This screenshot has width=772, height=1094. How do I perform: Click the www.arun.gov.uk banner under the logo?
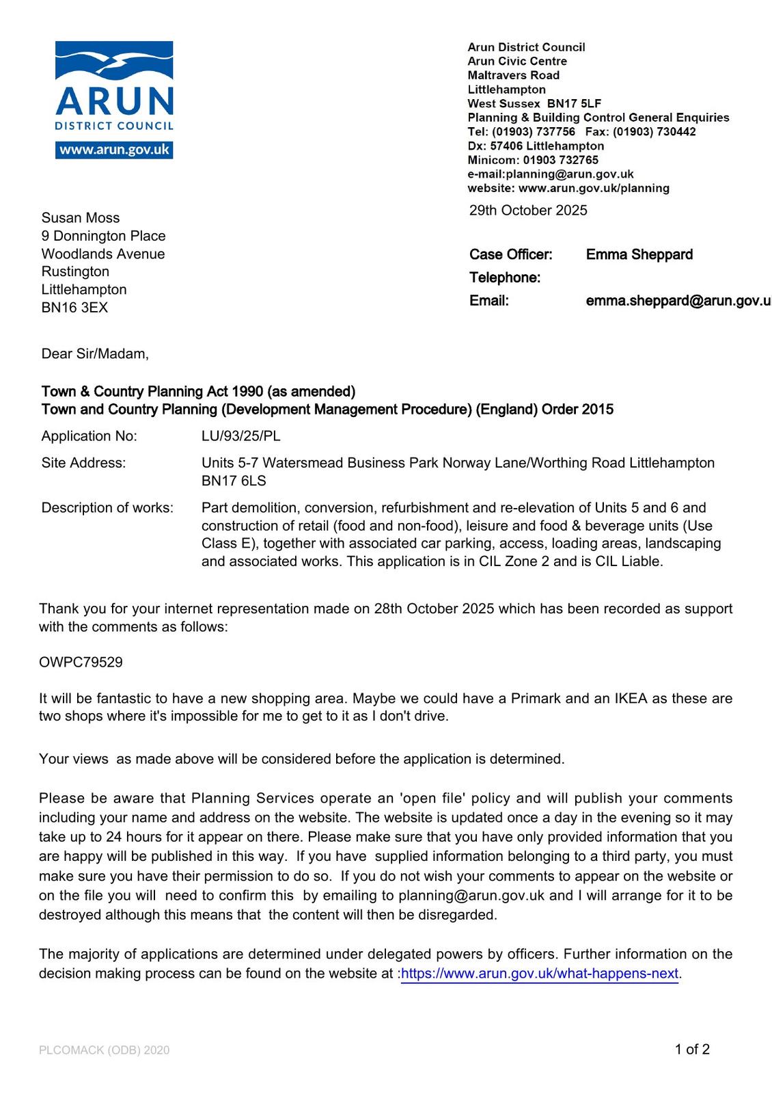[114, 150]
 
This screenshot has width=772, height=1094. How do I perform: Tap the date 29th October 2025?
[527, 211]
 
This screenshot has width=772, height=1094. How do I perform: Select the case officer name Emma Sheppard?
[639, 255]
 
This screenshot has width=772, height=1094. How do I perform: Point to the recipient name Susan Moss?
[81, 218]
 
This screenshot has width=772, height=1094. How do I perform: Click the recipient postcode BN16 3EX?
[74, 308]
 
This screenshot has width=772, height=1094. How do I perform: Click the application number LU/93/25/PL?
[240, 436]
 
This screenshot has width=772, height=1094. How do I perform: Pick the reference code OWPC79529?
[81, 663]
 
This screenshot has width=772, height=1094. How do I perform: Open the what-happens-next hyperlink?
[539, 974]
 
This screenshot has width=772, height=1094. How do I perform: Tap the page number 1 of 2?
[692, 1050]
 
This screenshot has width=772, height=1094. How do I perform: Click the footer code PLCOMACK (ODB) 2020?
[104, 1050]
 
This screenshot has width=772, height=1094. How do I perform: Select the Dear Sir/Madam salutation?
[95, 354]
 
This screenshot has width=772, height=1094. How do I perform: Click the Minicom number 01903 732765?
[560, 160]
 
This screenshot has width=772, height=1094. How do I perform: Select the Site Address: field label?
[83, 463]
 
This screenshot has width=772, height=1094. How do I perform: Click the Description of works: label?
[107, 508]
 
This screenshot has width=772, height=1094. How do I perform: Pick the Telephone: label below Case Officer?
[504, 278]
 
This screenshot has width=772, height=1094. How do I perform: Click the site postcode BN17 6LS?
[234, 481]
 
